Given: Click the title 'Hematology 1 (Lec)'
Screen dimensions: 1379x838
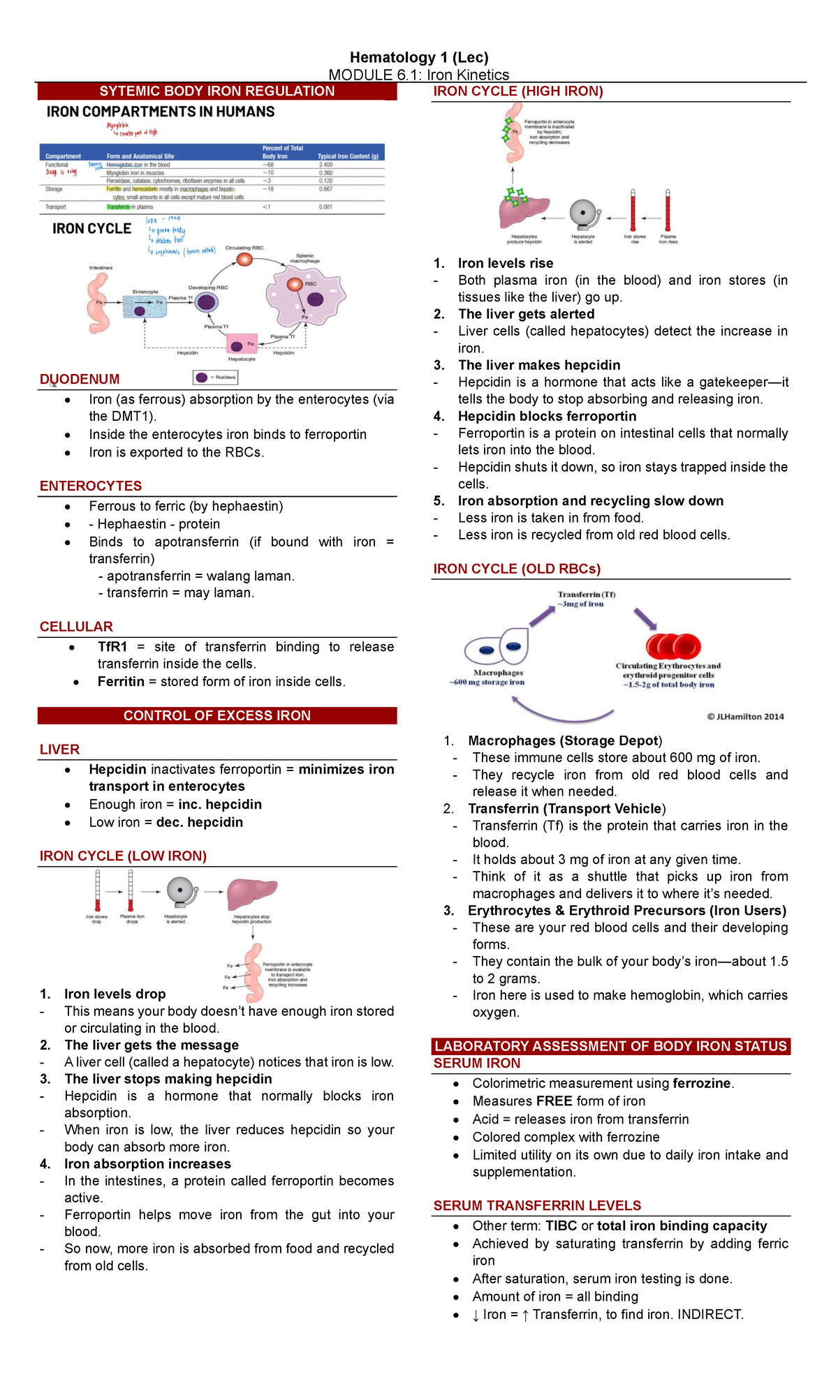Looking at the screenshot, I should click(x=419, y=57).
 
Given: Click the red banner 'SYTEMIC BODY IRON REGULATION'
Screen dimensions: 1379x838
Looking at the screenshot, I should click(x=216, y=91).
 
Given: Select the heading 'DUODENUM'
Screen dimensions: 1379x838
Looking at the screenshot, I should click(x=80, y=379).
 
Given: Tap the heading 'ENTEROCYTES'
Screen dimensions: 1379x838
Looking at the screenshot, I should click(x=91, y=486).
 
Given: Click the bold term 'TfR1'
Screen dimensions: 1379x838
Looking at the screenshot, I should click(x=112, y=647).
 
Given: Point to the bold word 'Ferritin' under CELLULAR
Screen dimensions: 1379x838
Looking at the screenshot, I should click(x=121, y=681).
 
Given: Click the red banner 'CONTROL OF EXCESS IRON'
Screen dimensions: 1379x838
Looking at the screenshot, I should click(x=216, y=715).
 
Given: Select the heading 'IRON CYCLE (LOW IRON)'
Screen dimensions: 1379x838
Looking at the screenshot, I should click(x=123, y=856).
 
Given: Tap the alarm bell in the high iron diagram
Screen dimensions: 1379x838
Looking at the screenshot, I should click(x=584, y=214).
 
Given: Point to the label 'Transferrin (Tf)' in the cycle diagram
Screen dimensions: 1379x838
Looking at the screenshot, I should click(x=586, y=595).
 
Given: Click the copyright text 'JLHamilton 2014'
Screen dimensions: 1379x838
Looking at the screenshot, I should click(x=749, y=716).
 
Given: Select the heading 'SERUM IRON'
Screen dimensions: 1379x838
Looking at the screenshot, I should click(x=477, y=1063).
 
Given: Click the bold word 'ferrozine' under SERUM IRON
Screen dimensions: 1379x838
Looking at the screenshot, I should click(x=701, y=1083).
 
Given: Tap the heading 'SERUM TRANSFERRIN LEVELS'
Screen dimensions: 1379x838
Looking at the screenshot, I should click(x=537, y=1205).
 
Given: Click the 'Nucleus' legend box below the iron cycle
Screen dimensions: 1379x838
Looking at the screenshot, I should click(x=216, y=378).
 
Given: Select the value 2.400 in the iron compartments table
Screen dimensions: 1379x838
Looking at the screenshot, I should click(x=325, y=165).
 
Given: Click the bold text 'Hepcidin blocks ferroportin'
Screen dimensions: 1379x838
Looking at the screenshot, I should click(x=547, y=416).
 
